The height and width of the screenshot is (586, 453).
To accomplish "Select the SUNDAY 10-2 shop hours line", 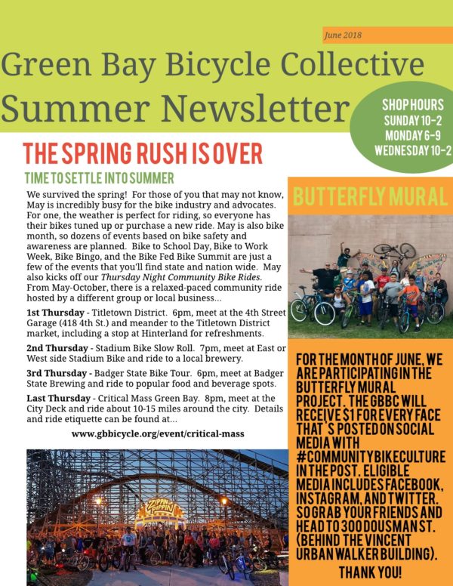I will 412,119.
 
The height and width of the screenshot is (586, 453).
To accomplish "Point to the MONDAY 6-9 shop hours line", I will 412,134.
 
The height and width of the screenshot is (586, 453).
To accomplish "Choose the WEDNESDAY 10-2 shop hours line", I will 412,149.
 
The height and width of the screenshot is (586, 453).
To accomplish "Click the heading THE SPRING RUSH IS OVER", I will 143,153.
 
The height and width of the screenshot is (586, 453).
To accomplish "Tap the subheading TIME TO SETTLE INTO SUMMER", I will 99,179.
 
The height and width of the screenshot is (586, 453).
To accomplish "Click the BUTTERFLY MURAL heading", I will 370,198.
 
